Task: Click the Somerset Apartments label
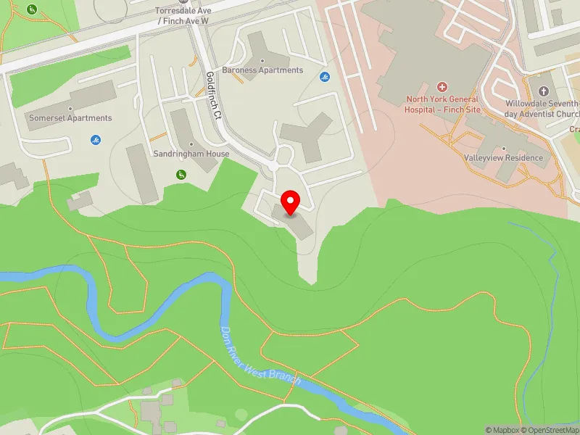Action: coord(70,117)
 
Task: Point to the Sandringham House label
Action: coord(191,154)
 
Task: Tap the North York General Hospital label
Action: coord(442,104)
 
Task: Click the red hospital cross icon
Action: coord(442,86)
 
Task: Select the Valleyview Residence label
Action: coord(503,157)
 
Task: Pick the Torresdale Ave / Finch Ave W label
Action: coord(183,16)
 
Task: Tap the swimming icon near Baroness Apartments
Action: coord(325,78)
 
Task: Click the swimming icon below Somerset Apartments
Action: coord(96,139)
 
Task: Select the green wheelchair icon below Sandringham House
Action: coord(181,174)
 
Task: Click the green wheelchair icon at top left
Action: coord(31,9)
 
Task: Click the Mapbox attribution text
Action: coord(501,430)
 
